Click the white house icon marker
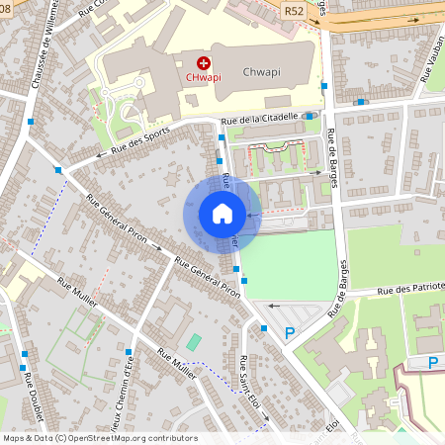pos(222,214)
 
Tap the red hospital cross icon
pos(204,62)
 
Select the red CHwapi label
pos(203,76)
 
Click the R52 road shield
pos(293,11)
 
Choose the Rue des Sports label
pos(140,137)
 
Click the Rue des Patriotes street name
pos(409,291)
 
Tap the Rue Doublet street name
pos(29,400)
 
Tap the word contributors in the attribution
pos(170,437)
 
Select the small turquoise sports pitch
pos(193,342)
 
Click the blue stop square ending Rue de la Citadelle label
pos(310,116)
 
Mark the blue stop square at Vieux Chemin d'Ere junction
pos(129,352)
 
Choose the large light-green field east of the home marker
pos(292,262)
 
